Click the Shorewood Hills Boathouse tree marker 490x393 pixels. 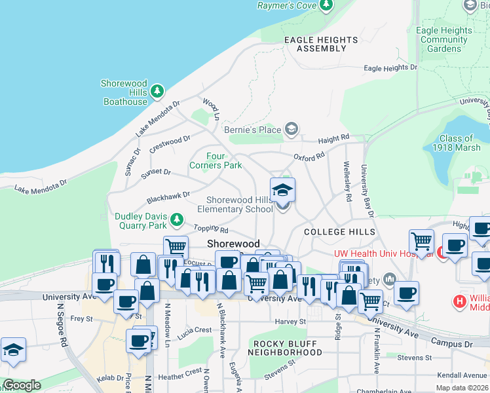tap(157, 92)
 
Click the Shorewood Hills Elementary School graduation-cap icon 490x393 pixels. tap(282, 190)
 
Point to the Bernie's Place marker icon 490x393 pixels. tap(292, 129)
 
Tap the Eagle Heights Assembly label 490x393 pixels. tap(321, 44)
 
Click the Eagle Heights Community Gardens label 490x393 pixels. tap(443, 39)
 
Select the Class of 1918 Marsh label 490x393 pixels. tap(456, 143)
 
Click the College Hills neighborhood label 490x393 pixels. tap(339, 232)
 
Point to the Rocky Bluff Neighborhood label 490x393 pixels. tap(288, 348)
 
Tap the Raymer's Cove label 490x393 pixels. tap(286, 6)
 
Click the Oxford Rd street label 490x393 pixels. tap(309, 157)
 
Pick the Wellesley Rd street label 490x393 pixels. tap(347, 187)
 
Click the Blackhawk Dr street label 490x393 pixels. tap(168, 195)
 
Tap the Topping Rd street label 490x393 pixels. tap(210, 230)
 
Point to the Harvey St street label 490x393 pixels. tap(290, 322)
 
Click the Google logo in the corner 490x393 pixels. tap(22, 385)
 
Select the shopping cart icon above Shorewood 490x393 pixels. tap(176, 247)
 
